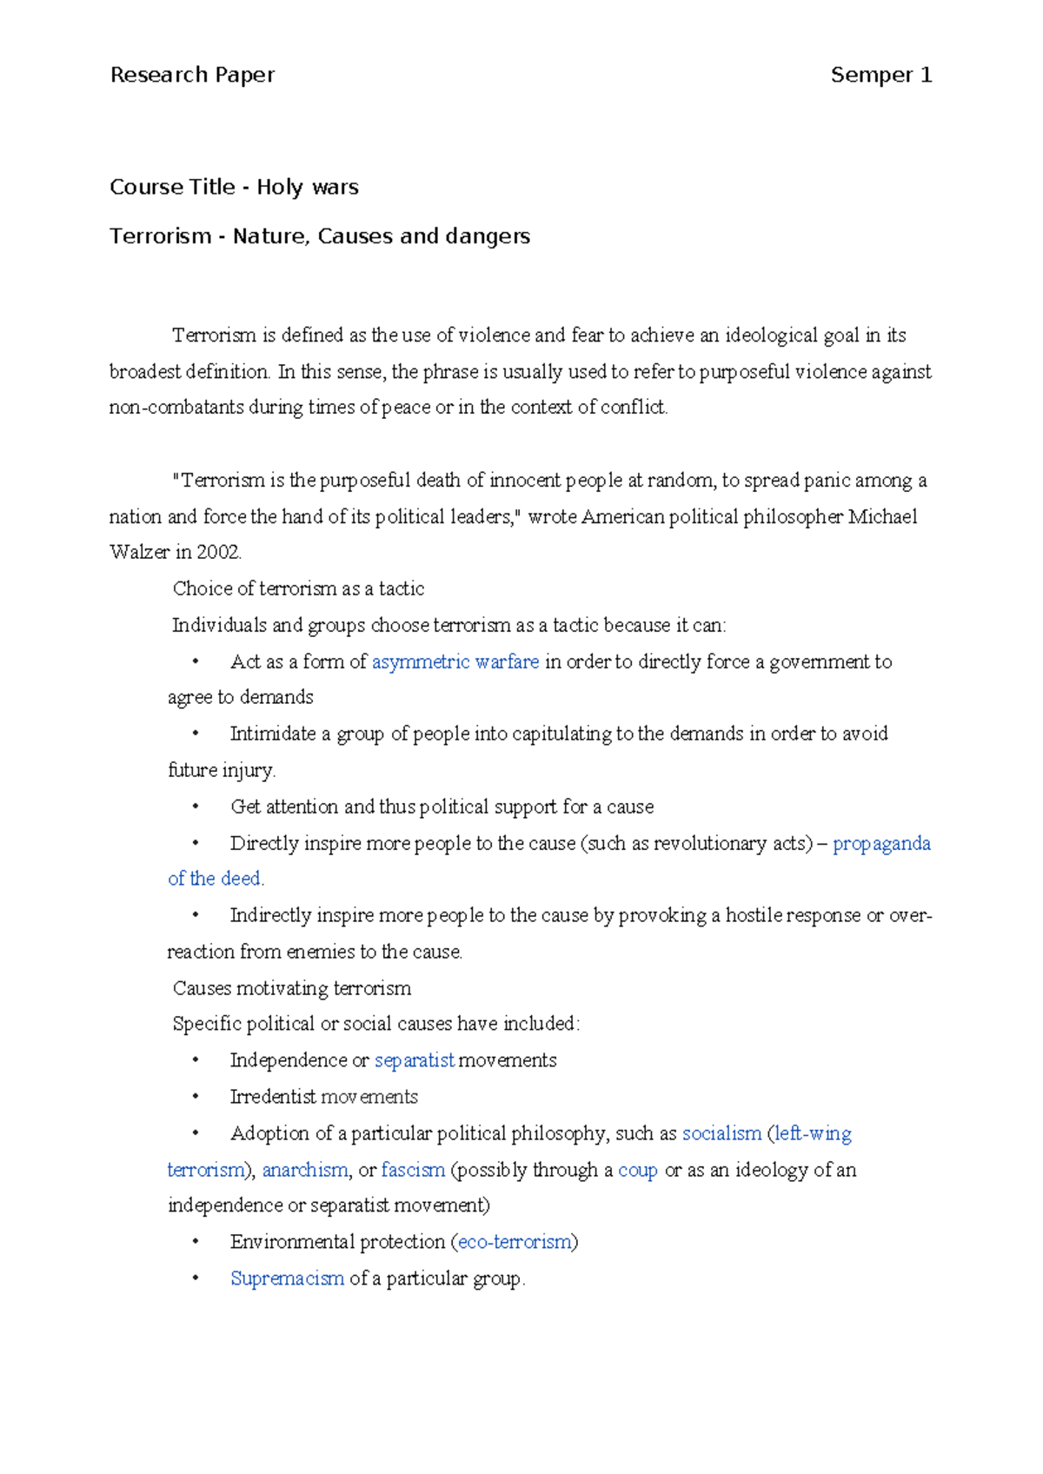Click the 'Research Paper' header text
coord(192,76)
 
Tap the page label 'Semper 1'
coord(880,76)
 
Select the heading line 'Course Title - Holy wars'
coord(234,188)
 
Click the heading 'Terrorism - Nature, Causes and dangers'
coord(319,236)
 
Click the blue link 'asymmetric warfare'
coord(455,662)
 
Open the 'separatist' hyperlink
coord(415,1060)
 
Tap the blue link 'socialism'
coord(721,1133)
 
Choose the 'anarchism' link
coord(305,1170)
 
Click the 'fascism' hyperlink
coord(413,1170)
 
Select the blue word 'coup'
coord(638,1170)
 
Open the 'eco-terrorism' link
coord(515,1242)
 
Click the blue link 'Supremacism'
coord(287,1278)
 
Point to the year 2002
coord(218,553)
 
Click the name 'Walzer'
coord(139,553)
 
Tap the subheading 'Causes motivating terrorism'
coord(292,988)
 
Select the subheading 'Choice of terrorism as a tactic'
coord(298,589)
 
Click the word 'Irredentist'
coord(273,1097)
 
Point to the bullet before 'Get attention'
coord(196,807)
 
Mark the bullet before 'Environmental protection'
coord(196,1242)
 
